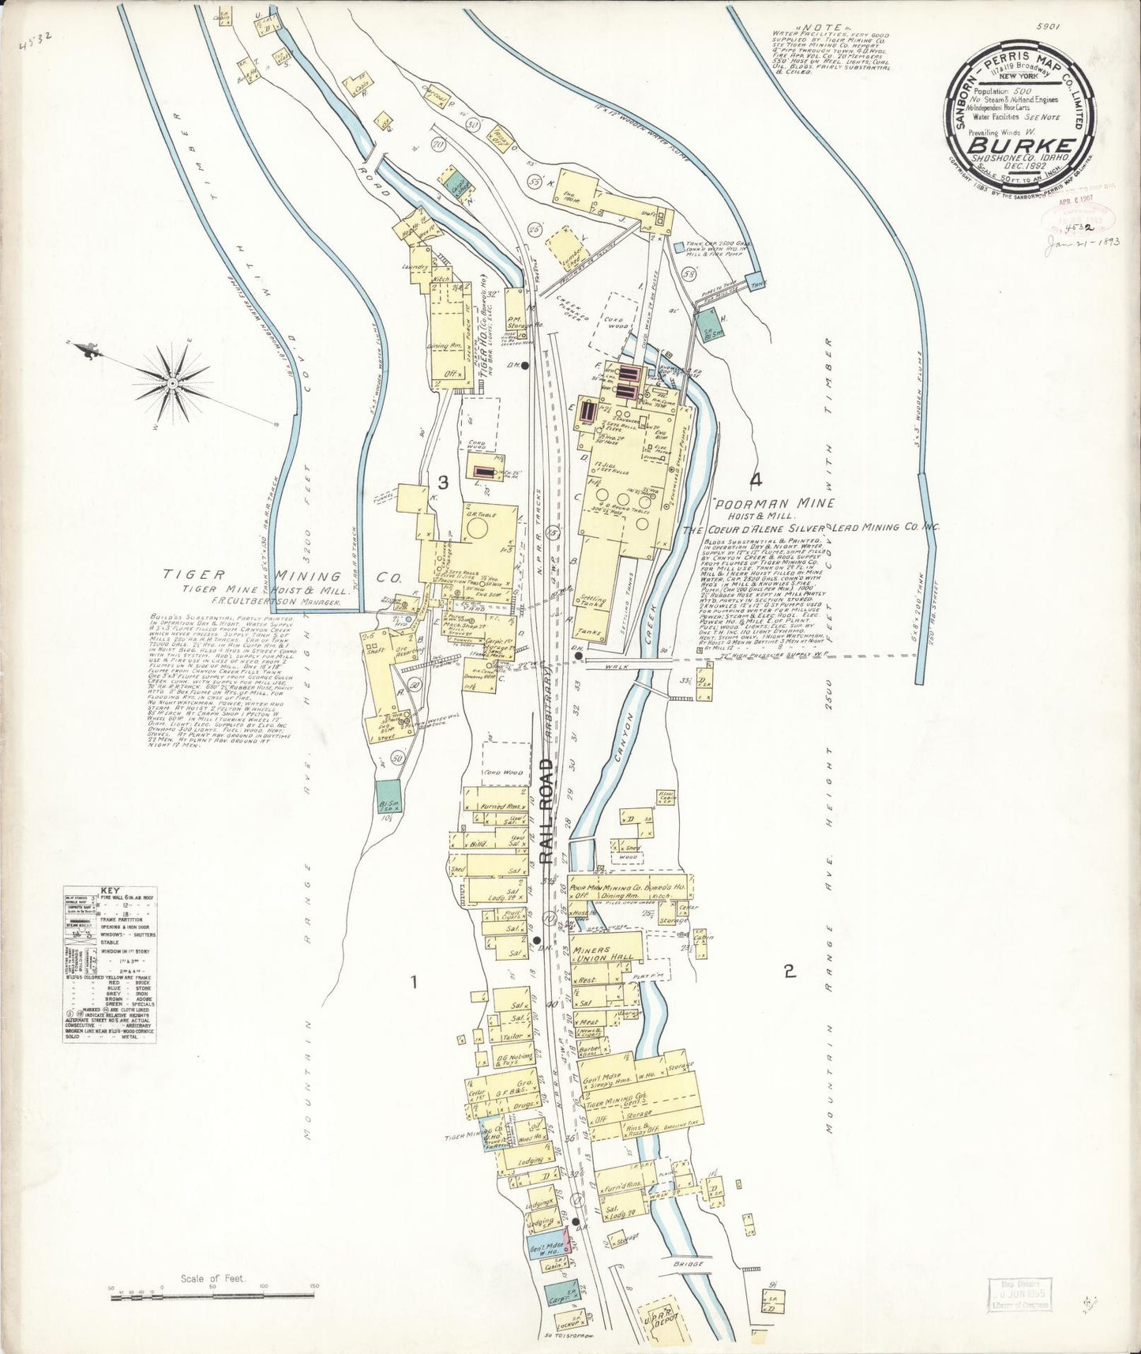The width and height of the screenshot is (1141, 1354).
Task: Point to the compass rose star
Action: [x=171, y=385]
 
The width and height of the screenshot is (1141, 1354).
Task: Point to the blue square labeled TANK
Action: [x=757, y=280]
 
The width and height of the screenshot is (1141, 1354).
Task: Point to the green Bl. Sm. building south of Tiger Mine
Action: [x=387, y=799]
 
